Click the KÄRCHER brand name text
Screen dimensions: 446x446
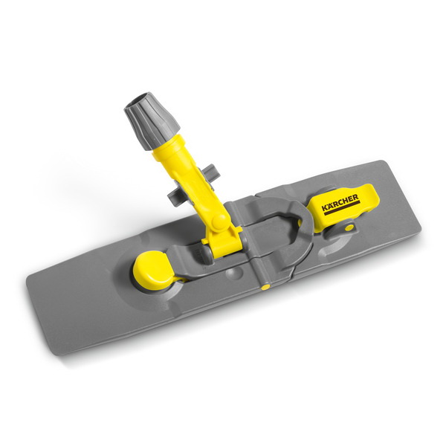click(340, 202)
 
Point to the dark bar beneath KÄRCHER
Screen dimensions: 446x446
click(342, 208)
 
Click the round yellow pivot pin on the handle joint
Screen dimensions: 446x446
click(219, 221)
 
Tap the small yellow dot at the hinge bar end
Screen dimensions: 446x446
click(265, 287)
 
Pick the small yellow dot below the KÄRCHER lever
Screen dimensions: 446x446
click(349, 227)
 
